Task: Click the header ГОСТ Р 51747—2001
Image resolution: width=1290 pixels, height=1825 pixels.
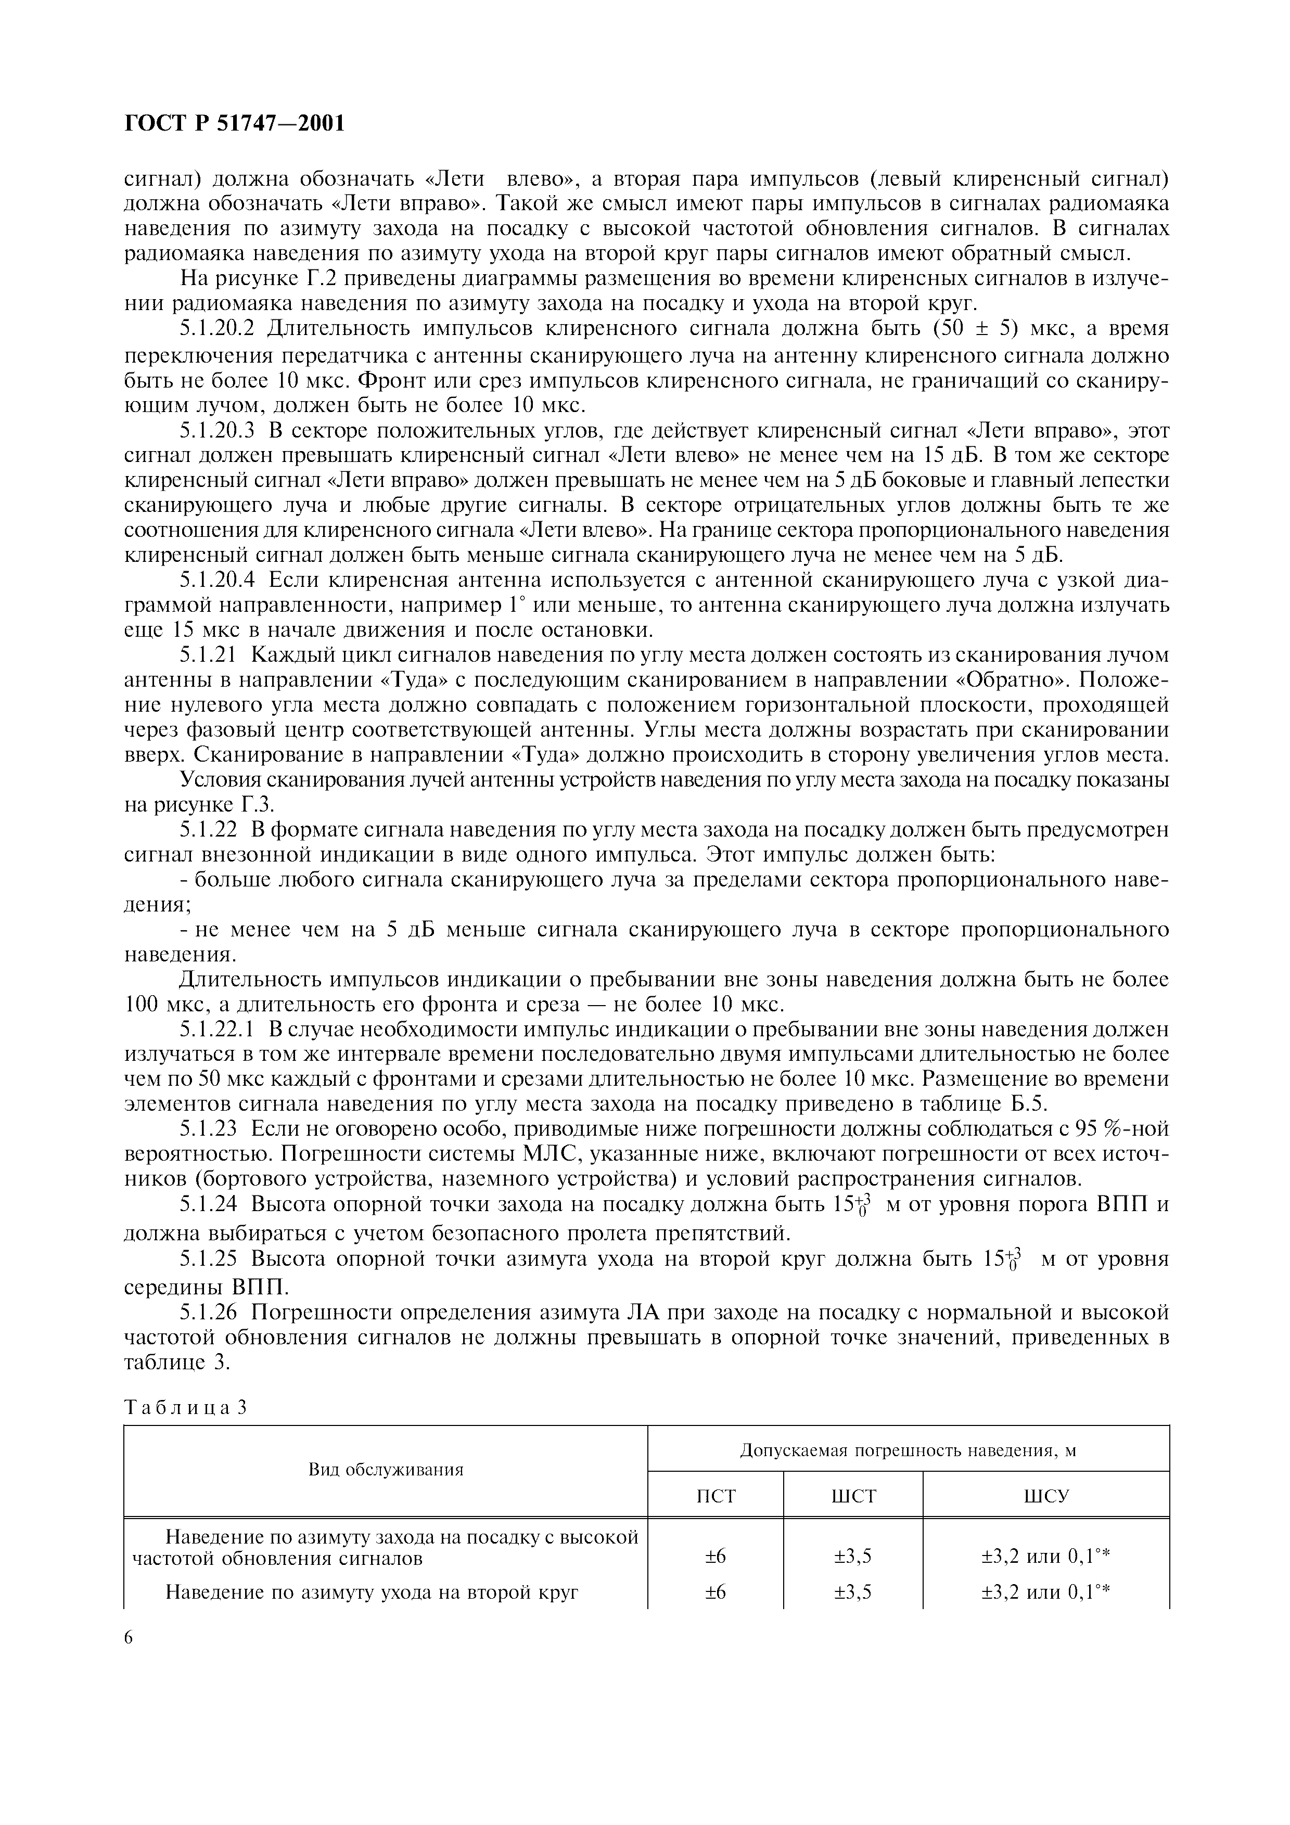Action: [x=235, y=125]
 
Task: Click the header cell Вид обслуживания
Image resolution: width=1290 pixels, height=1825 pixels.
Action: [x=386, y=1470]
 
